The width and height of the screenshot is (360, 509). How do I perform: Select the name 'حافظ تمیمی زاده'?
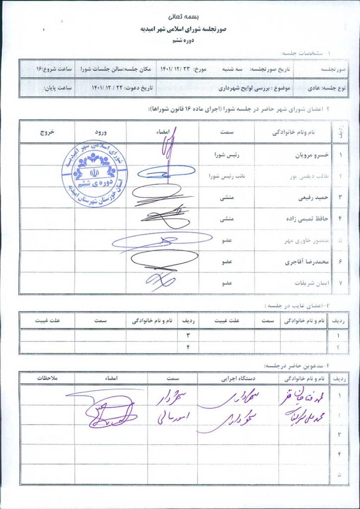[309, 218]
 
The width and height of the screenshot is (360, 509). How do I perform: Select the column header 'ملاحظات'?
[47, 379]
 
